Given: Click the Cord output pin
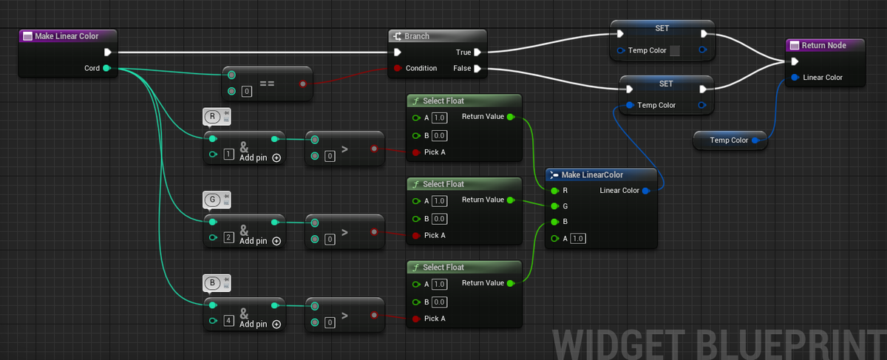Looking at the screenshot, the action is (x=106, y=68).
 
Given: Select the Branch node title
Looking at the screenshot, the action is (x=417, y=36).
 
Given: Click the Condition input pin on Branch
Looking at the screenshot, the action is (x=397, y=68).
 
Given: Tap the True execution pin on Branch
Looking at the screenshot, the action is (x=478, y=52).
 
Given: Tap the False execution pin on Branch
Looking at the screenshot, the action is (x=478, y=69).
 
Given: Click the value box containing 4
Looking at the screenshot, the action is (x=228, y=320).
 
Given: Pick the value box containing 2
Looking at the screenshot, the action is (x=228, y=237).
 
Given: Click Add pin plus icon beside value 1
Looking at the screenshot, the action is (x=276, y=158).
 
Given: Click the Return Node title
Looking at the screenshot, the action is (x=823, y=46).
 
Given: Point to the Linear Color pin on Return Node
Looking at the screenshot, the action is (x=795, y=77).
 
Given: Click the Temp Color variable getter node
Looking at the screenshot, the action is (x=730, y=140).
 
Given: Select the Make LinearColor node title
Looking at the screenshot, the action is (x=592, y=174).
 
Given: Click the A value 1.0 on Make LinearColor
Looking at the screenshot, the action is (x=578, y=239).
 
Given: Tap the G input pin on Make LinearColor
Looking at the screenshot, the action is (x=554, y=206).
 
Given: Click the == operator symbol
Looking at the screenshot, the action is (x=267, y=84).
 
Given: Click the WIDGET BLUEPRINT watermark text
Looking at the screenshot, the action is (x=719, y=344).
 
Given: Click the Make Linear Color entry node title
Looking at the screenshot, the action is (x=67, y=36).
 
